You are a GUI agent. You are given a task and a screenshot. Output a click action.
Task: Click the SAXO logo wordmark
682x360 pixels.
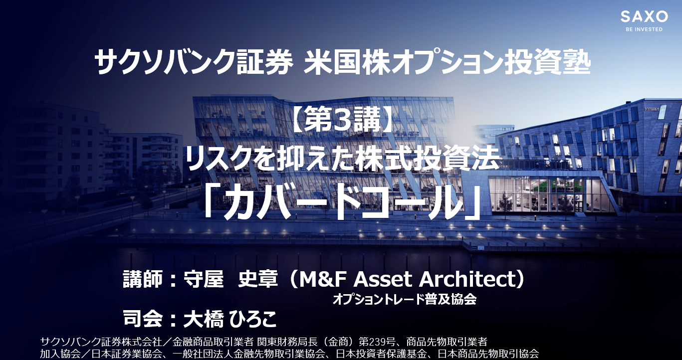644,16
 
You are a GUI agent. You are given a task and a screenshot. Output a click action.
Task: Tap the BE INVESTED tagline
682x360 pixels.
644,29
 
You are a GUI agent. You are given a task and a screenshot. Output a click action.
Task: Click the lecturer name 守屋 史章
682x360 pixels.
231,279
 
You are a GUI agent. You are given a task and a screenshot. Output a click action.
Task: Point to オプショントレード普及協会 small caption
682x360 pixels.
405,300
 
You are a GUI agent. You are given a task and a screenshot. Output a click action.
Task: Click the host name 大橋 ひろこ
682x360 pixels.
230,319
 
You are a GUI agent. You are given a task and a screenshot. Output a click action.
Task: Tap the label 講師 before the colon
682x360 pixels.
143,279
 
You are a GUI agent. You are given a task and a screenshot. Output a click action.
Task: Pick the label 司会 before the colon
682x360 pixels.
143,319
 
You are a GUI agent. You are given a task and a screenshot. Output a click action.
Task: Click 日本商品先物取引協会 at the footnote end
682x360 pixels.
488,354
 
